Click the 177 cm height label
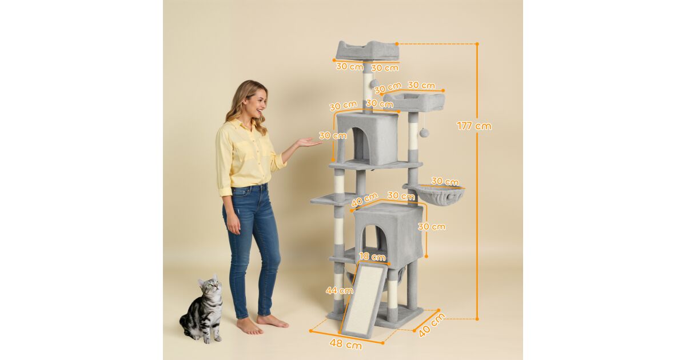(474, 126)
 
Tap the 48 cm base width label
(346, 344)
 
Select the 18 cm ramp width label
(372, 257)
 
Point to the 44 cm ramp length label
(340, 290)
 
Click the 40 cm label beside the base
(432, 325)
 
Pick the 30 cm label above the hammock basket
(445, 182)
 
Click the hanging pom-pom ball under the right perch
(425, 133)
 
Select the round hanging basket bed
(440, 195)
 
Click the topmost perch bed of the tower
(368, 50)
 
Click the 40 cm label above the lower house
(365, 199)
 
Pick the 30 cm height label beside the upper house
(333, 135)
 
